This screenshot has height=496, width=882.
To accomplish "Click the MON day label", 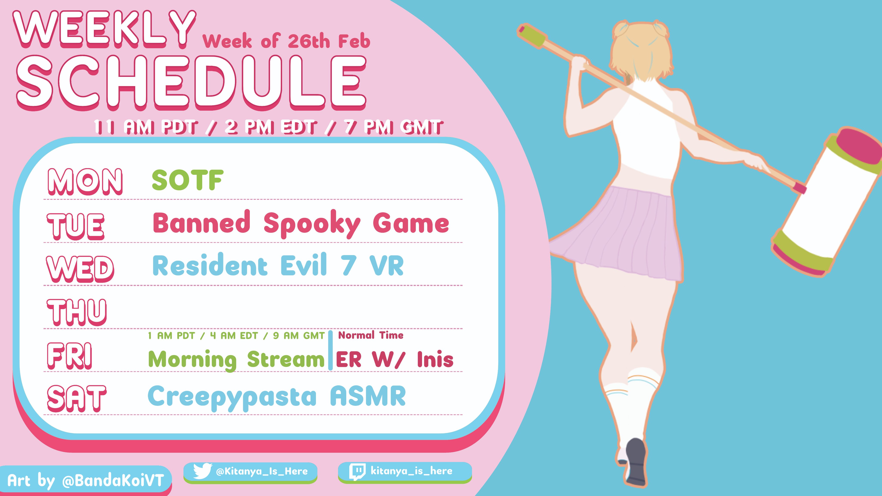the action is pos(85,181).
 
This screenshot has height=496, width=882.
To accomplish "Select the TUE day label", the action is pos(76,226).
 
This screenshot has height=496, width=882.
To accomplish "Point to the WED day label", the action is pos(80,269).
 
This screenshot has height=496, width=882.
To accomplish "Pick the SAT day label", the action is pos(77,398).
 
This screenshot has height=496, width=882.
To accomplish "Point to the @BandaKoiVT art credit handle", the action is pos(113,480).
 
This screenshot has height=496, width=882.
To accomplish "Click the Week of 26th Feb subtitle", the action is pos(286,41).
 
